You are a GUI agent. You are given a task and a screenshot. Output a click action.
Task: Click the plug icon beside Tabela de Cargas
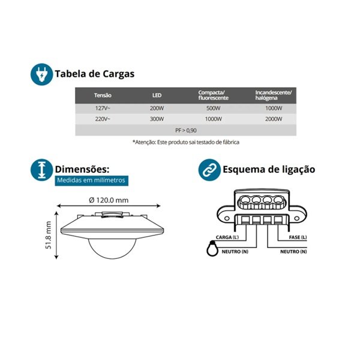[x=41, y=74]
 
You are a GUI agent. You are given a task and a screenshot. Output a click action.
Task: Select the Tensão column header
[x=103, y=96]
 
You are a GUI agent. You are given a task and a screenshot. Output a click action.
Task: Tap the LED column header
[x=156, y=96]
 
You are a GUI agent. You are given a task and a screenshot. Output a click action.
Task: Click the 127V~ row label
[x=103, y=108]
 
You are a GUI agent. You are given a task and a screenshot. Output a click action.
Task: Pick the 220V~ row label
[x=103, y=119]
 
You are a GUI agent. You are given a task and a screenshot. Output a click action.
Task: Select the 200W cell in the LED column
[x=156, y=108]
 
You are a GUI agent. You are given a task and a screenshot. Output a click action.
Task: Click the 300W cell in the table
[x=156, y=119]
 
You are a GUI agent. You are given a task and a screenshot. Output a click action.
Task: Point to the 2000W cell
[x=273, y=119]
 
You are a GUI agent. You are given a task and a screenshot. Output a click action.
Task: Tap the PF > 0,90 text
[x=185, y=130]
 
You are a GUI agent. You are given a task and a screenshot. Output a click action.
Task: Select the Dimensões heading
[x=82, y=169]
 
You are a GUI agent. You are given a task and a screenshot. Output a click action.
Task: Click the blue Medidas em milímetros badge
[x=91, y=180]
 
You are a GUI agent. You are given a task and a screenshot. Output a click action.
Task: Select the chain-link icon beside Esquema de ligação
[x=209, y=170]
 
